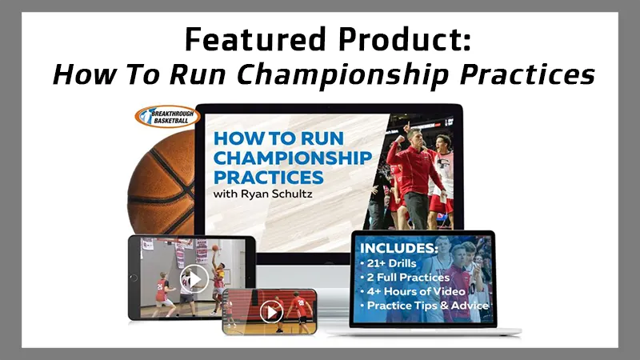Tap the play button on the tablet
(194, 278)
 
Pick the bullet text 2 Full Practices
(410, 277)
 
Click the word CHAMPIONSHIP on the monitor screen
(293, 156)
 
